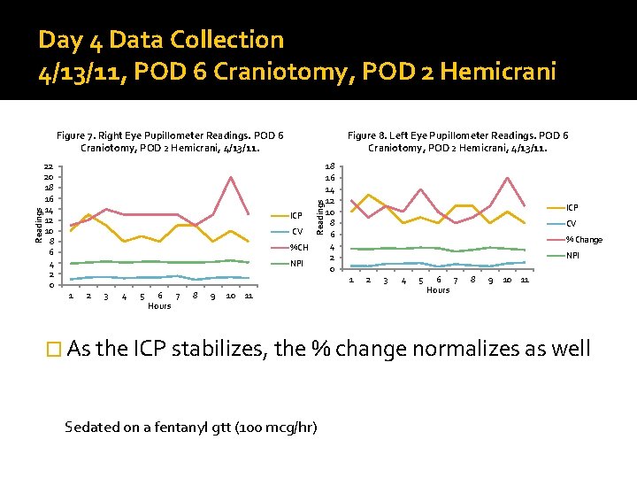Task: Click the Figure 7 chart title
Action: coord(170,142)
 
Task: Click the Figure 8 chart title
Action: coord(457,142)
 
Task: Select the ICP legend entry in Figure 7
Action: coord(296,216)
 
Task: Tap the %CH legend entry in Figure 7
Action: coord(298,248)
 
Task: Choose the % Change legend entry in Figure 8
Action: coord(584,240)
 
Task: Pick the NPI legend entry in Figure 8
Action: coord(573,256)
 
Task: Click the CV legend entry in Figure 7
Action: coord(296,232)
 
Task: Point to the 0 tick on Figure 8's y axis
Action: coord(330,269)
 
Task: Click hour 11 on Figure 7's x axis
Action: coord(249,297)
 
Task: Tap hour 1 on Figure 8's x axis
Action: coord(351,281)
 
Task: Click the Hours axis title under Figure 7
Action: coord(159,306)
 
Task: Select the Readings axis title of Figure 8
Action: coord(320,217)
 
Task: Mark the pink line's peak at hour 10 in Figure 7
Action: coord(231,177)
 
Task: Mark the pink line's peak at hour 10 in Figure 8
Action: coord(508,178)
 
